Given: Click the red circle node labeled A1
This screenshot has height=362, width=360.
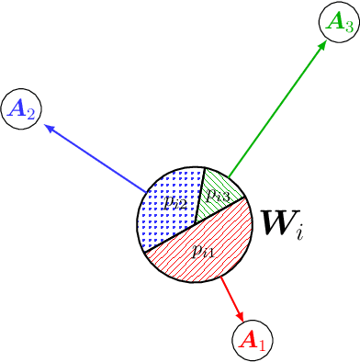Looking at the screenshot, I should click(x=252, y=341).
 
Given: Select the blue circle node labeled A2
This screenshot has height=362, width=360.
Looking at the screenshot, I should click(x=21, y=110).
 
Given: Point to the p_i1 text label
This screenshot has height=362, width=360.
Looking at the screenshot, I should click(x=205, y=249).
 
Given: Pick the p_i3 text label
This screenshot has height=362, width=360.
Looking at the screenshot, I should click(x=219, y=194).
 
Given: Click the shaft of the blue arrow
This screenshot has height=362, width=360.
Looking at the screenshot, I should click(x=96, y=160).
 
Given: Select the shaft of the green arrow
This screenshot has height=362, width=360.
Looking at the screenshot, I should click(x=275, y=110).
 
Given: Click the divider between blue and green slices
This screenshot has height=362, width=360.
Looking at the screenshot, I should click(x=201, y=187).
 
